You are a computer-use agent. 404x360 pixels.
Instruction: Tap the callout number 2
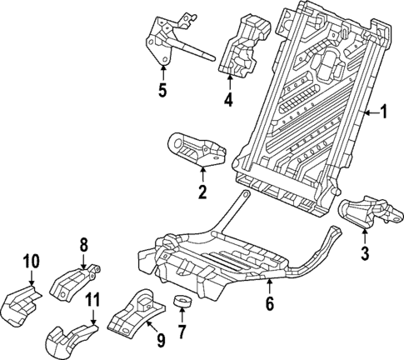pyautogui.click(x=202, y=193)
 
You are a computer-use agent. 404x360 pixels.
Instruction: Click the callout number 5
pyautogui.click(x=162, y=88)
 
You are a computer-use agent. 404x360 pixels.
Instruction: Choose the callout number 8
pyautogui.click(x=83, y=245)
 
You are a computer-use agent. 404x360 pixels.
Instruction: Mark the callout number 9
pyautogui.click(x=160, y=340)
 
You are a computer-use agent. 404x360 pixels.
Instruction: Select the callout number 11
pyautogui.click(x=94, y=298)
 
